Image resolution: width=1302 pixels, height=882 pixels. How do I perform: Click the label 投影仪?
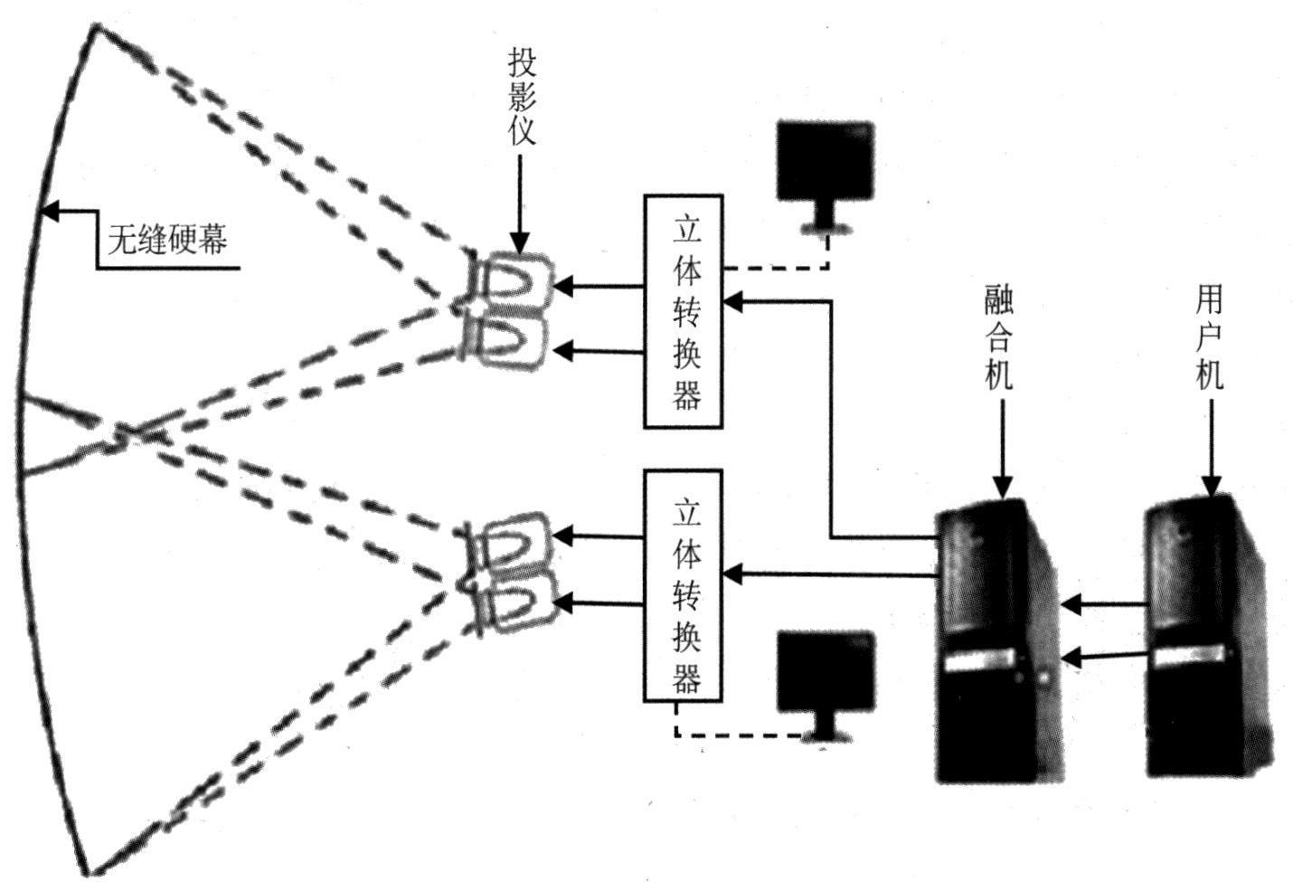(522, 98)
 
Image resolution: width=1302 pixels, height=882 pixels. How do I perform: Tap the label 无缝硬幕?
(167, 240)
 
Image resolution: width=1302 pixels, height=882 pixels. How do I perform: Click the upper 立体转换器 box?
(684, 311)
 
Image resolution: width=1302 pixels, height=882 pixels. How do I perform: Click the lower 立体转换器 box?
(684, 585)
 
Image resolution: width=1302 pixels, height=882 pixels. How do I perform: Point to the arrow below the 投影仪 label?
(520, 204)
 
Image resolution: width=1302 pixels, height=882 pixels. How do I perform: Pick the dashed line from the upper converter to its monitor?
(778, 268)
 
